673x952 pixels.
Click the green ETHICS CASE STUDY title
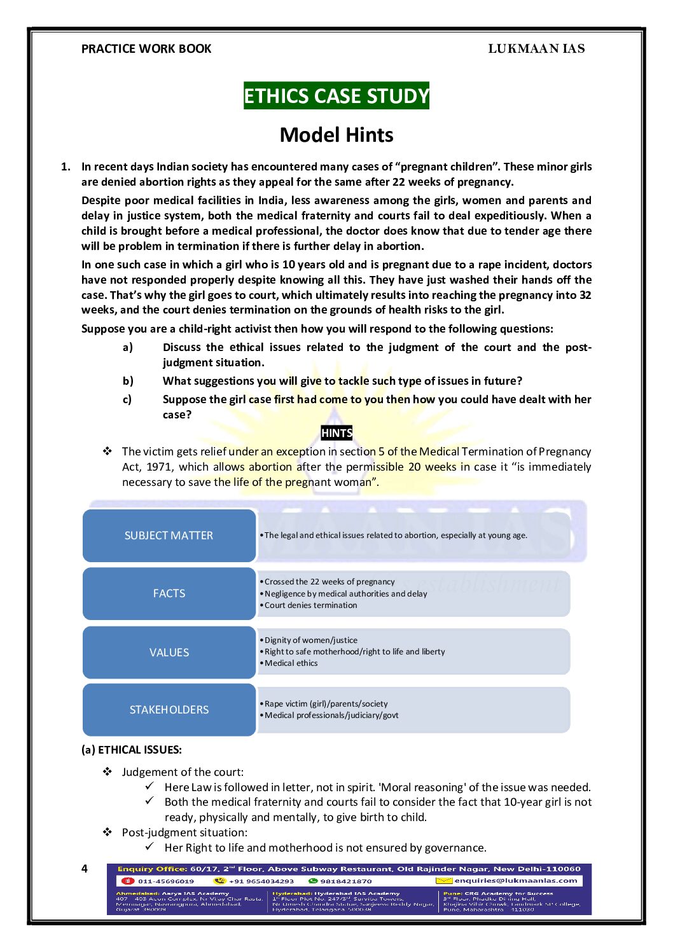(336, 96)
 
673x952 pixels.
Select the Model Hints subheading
(336, 135)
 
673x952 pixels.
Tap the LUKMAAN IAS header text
(536, 49)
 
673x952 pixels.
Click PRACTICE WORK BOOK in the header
(146, 49)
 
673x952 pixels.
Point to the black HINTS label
(336, 433)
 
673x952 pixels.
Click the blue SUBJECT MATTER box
(169, 535)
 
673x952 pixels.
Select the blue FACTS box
(169, 593)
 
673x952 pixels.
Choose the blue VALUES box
(169, 652)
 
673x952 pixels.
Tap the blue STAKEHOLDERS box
(169, 710)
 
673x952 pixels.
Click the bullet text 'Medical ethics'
(291, 663)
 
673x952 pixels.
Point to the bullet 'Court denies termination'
(311, 605)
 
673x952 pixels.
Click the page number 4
(85, 869)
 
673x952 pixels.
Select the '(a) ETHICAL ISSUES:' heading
(132, 750)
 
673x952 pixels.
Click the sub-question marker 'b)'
(128, 381)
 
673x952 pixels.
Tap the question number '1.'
(66, 167)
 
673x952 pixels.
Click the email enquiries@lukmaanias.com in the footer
(516, 881)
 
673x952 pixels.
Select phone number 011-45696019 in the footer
(166, 881)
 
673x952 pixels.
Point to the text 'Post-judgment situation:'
(185, 832)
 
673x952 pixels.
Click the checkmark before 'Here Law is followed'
(149, 787)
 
